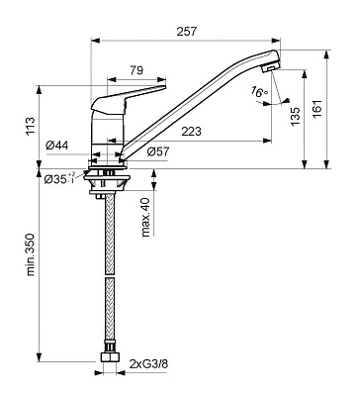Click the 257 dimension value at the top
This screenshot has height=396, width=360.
pos(186,32)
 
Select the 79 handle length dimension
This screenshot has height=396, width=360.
pos(136,70)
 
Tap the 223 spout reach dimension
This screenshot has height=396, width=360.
pos(191,132)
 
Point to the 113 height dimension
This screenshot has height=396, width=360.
pos(30,126)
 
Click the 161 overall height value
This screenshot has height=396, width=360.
pos(316,110)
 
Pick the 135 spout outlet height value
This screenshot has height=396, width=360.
pos(296,116)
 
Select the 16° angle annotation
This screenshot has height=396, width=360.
pos(259,91)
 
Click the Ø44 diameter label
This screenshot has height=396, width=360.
pos(57,146)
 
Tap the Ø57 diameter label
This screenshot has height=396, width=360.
pos(158,151)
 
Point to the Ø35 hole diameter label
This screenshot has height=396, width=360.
pos(59,178)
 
